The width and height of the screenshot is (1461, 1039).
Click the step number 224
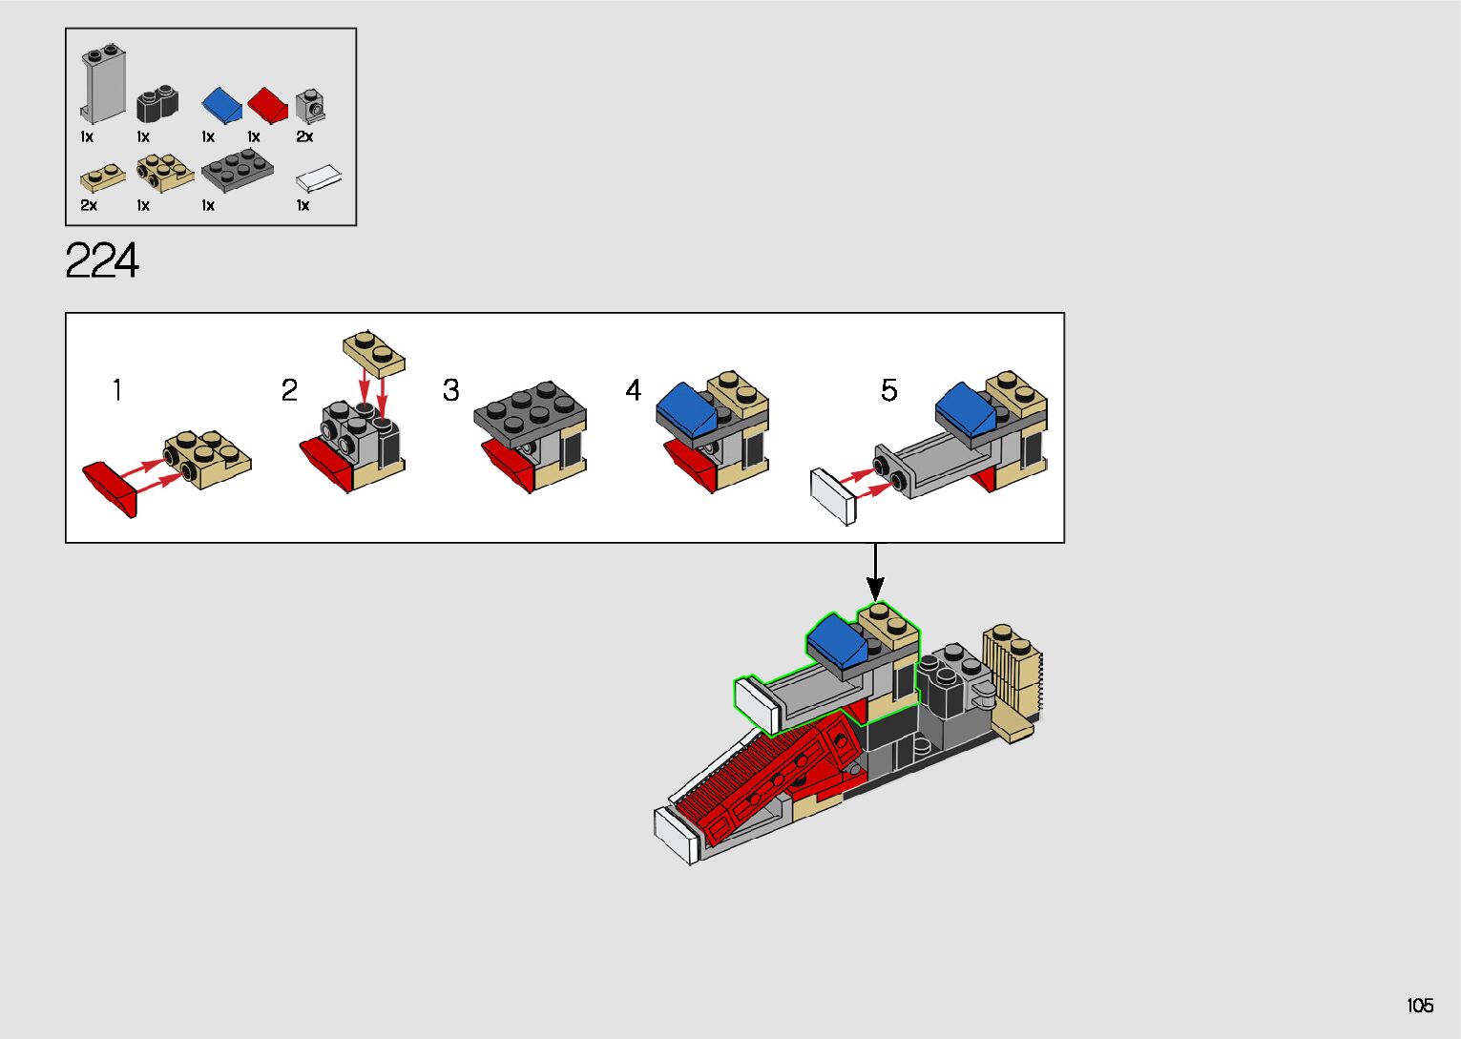(102, 260)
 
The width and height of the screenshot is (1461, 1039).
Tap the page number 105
(1419, 1006)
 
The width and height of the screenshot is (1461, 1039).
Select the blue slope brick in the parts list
(221, 104)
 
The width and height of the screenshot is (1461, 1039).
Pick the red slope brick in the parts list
(268, 104)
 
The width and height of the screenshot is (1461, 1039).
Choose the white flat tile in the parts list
(319, 178)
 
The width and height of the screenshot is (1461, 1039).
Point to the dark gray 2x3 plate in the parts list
(237, 172)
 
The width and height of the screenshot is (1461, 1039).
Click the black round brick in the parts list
(157, 103)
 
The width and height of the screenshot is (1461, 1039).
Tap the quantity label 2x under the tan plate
(89, 205)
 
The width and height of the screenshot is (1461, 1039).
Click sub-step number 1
(116, 390)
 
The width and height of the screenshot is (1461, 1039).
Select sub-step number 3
(450, 390)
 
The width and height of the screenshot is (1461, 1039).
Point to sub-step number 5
(888, 390)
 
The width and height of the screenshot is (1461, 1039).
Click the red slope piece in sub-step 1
(113, 486)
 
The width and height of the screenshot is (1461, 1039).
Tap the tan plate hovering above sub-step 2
(374, 352)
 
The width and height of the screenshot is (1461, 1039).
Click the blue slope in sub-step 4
(686, 405)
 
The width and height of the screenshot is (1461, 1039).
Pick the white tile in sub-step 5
(833, 495)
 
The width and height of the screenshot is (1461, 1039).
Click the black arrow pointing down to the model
(875, 572)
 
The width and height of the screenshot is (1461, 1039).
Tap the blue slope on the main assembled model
(837, 639)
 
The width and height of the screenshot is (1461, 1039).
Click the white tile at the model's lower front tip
(676, 835)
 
